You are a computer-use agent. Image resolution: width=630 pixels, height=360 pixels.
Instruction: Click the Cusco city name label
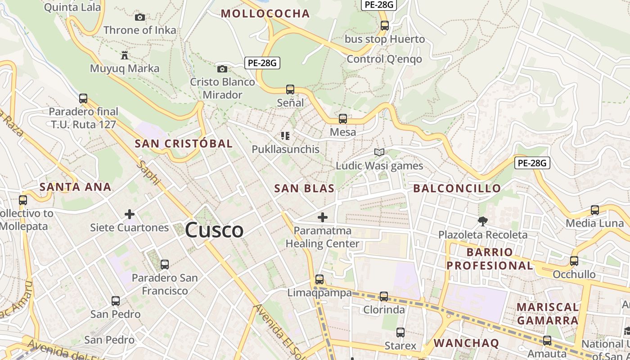point(214,230)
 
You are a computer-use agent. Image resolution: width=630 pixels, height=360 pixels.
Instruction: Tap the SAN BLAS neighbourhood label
point(304,189)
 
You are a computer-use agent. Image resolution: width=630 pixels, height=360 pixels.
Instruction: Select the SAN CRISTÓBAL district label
point(184,144)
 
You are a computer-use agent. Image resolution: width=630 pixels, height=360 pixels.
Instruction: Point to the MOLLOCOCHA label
point(265,13)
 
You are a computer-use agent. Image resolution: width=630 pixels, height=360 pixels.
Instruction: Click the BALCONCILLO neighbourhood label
point(457,188)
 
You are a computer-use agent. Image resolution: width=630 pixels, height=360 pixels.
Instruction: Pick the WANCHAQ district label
point(466,343)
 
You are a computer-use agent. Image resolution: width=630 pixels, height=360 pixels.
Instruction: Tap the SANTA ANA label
point(75,187)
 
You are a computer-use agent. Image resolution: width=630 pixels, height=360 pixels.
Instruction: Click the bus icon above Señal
point(290,90)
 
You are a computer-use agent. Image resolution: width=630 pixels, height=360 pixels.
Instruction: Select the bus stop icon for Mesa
point(343,119)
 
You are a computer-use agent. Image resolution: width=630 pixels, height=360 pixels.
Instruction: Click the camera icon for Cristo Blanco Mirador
point(222,69)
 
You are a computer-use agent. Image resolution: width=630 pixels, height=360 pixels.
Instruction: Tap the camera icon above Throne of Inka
point(140,17)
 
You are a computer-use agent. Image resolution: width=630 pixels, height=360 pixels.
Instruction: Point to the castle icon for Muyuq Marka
point(125,55)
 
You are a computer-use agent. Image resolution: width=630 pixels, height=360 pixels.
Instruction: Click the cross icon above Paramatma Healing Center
point(323,217)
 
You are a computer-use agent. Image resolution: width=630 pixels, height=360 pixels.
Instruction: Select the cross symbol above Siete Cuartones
point(130,214)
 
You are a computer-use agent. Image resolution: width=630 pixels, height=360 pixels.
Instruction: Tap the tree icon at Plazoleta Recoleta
point(483,221)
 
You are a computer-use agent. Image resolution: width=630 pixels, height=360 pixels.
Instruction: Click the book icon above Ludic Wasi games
point(379,152)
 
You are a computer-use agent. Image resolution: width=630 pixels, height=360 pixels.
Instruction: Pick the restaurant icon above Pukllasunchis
point(285,135)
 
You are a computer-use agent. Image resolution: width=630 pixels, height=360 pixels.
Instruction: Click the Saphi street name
point(149,173)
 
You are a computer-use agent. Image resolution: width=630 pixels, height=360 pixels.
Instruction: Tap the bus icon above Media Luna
point(595,210)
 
